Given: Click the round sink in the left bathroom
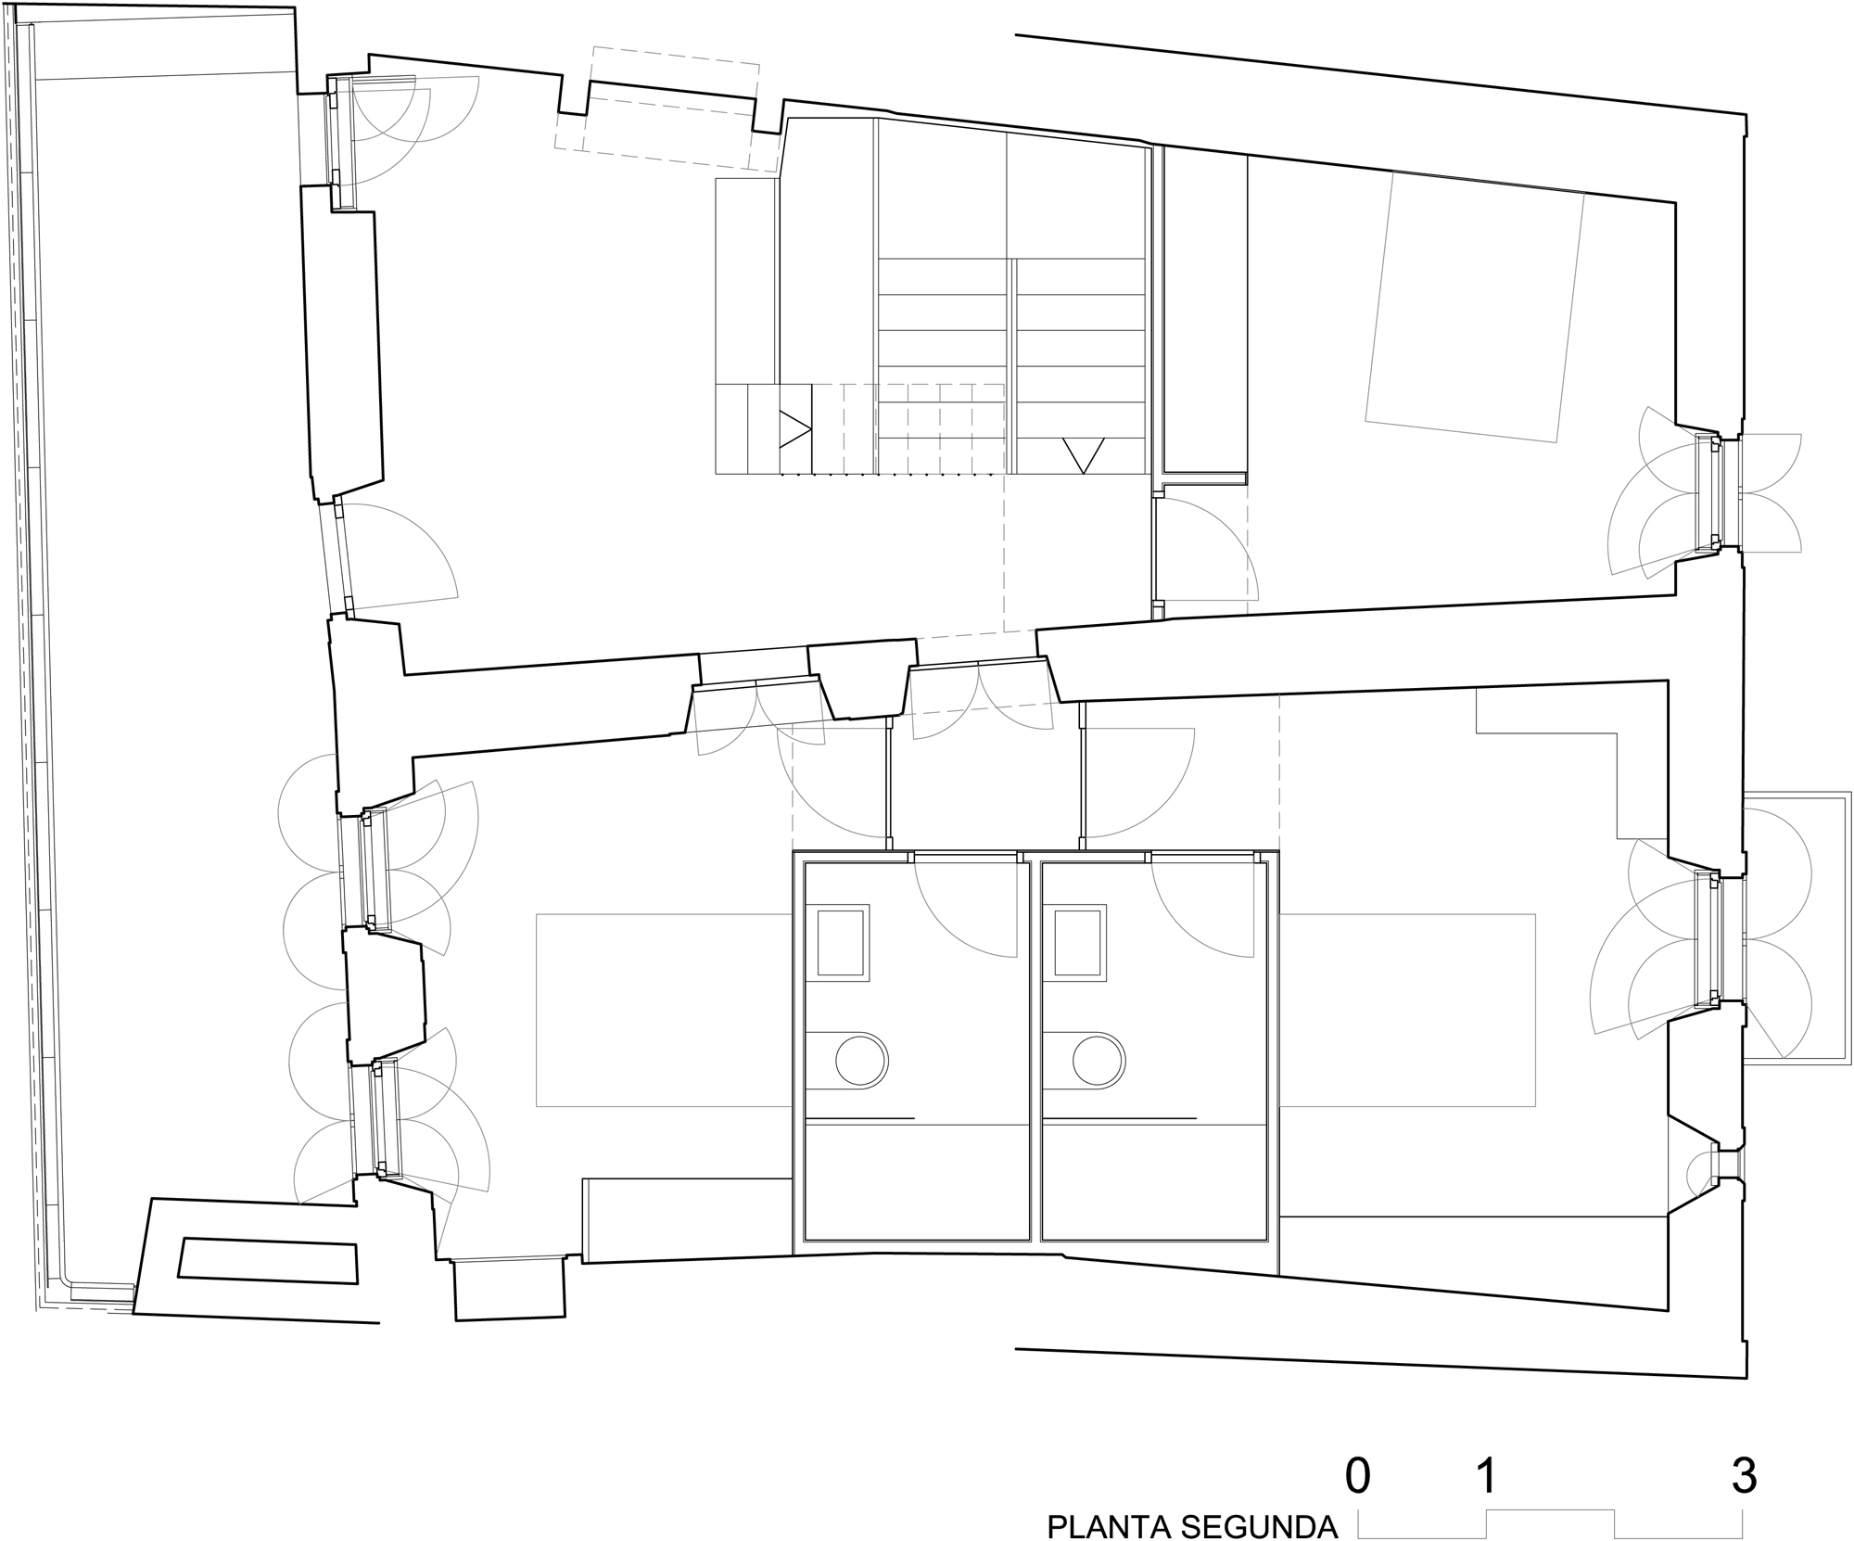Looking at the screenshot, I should pyautogui.click(x=862, y=1059).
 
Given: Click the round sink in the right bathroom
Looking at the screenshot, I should pyautogui.click(x=1099, y=1059).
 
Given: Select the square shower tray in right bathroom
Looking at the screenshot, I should pyautogui.click(x=1079, y=942).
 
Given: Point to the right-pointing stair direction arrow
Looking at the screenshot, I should pyautogui.click(x=794, y=429).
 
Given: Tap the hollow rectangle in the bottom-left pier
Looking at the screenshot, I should pyautogui.click(x=268, y=1262).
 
